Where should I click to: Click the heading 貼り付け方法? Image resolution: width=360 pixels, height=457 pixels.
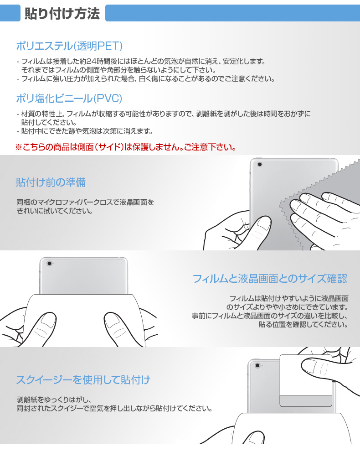pos(62,14)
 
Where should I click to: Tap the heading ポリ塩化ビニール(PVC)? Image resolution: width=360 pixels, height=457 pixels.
pos(69,98)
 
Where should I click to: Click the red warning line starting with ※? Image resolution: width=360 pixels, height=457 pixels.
pos(126,147)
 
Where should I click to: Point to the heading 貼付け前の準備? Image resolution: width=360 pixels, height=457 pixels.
pos(51,182)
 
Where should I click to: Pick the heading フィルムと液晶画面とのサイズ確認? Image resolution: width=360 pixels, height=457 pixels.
pos(270,278)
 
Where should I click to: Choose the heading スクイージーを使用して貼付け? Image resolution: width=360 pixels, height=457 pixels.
pos(83,379)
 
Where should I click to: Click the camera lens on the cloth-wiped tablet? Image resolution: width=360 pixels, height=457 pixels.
pos(260,164)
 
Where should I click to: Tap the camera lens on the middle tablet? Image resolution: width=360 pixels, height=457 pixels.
pos(49,263)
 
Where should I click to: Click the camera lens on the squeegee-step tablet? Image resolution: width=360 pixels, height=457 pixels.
pos(258,365)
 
